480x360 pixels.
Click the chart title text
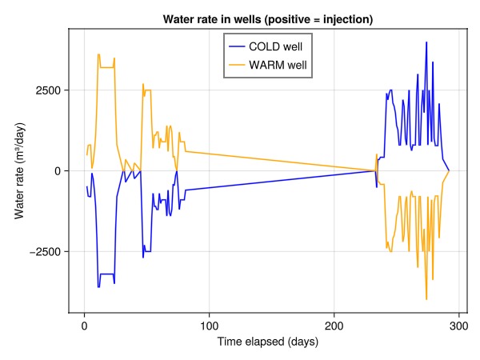(268, 18)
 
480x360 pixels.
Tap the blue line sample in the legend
(237, 47)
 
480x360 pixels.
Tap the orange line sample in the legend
(237, 64)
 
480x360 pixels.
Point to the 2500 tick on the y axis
(49, 90)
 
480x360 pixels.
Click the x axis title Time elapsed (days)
(268, 342)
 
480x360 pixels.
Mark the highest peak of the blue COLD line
(426, 42)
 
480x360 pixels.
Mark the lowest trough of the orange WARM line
(426, 298)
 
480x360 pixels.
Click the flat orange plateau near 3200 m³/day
(107, 67)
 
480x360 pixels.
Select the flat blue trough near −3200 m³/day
(107, 274)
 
